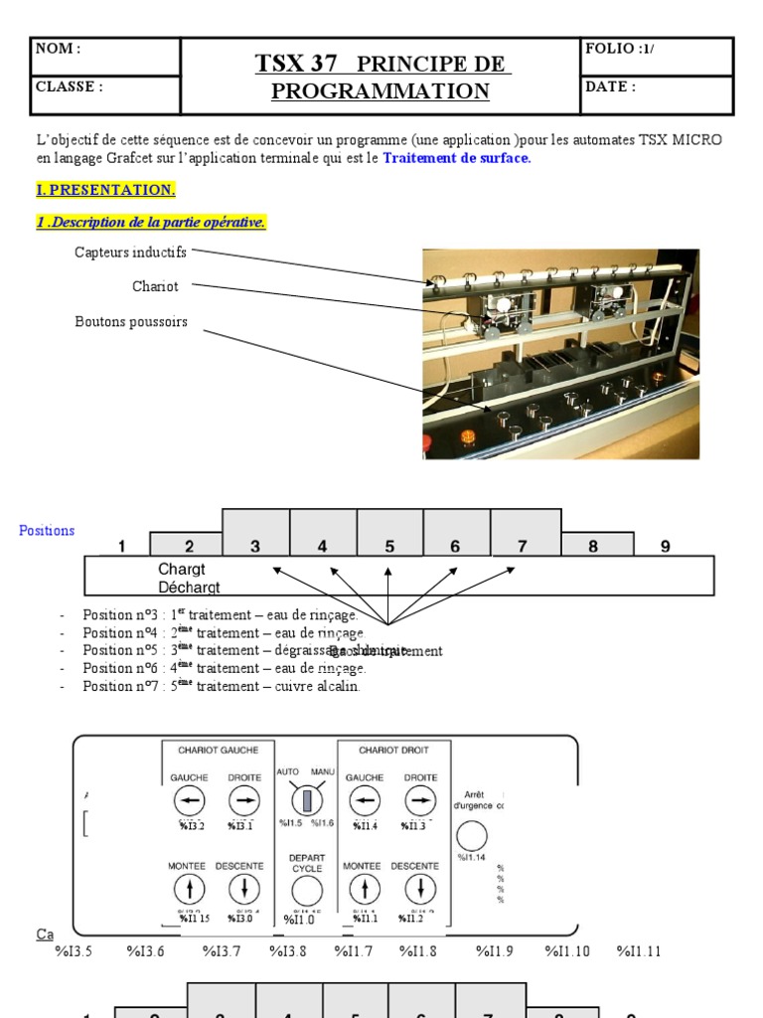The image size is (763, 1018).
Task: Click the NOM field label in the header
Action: coord(58,49)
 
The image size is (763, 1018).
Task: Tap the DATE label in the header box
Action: coord(610,86)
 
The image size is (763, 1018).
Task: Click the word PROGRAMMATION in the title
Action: coord(381,91)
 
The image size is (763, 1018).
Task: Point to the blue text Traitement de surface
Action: coord(457,158)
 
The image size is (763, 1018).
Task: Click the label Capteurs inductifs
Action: coord(130,253)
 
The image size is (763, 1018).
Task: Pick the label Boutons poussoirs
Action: coord(131,322)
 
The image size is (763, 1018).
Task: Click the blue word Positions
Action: coord(47,531)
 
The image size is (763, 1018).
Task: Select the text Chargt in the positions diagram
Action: coord(181,570)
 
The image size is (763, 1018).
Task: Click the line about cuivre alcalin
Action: coord(222,686)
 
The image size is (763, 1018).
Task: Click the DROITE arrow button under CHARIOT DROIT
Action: coord(419,799)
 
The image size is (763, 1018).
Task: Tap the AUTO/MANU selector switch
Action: coord(307,798)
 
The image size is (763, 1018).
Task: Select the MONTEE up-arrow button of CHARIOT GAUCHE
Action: coord(187,888)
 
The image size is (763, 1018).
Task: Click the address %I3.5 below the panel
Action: coord(74,951)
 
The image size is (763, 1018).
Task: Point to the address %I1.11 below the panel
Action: coord(638,951)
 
